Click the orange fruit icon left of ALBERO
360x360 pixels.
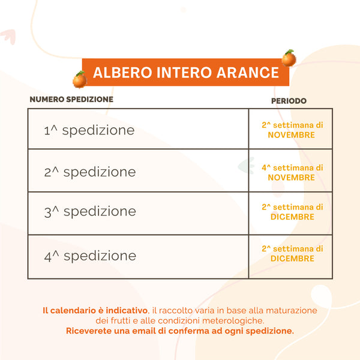79,79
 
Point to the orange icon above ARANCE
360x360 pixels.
289,58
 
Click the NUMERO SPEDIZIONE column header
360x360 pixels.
71,99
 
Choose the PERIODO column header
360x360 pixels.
289,101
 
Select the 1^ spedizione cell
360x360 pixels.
89,130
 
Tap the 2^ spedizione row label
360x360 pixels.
90,172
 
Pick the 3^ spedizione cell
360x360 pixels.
90,211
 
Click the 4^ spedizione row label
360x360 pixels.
90,256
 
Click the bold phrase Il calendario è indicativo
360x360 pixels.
95,311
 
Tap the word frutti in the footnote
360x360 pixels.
120,321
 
